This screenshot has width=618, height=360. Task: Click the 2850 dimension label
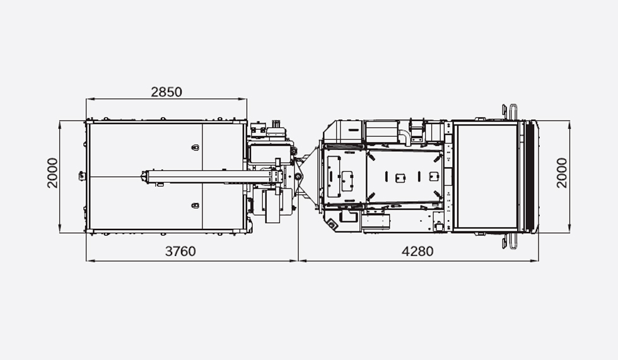tap(166, 92)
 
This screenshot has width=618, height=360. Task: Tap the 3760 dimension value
tap(180, 252)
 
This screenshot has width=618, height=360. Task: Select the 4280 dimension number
tap(417, 252)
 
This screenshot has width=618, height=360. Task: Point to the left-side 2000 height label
tap(52, 173)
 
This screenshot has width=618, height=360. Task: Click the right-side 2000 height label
tap(562, 173)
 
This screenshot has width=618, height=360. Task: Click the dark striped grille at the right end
tap(530, 177)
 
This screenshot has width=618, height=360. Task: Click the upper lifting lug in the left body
tap(195, 148)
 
